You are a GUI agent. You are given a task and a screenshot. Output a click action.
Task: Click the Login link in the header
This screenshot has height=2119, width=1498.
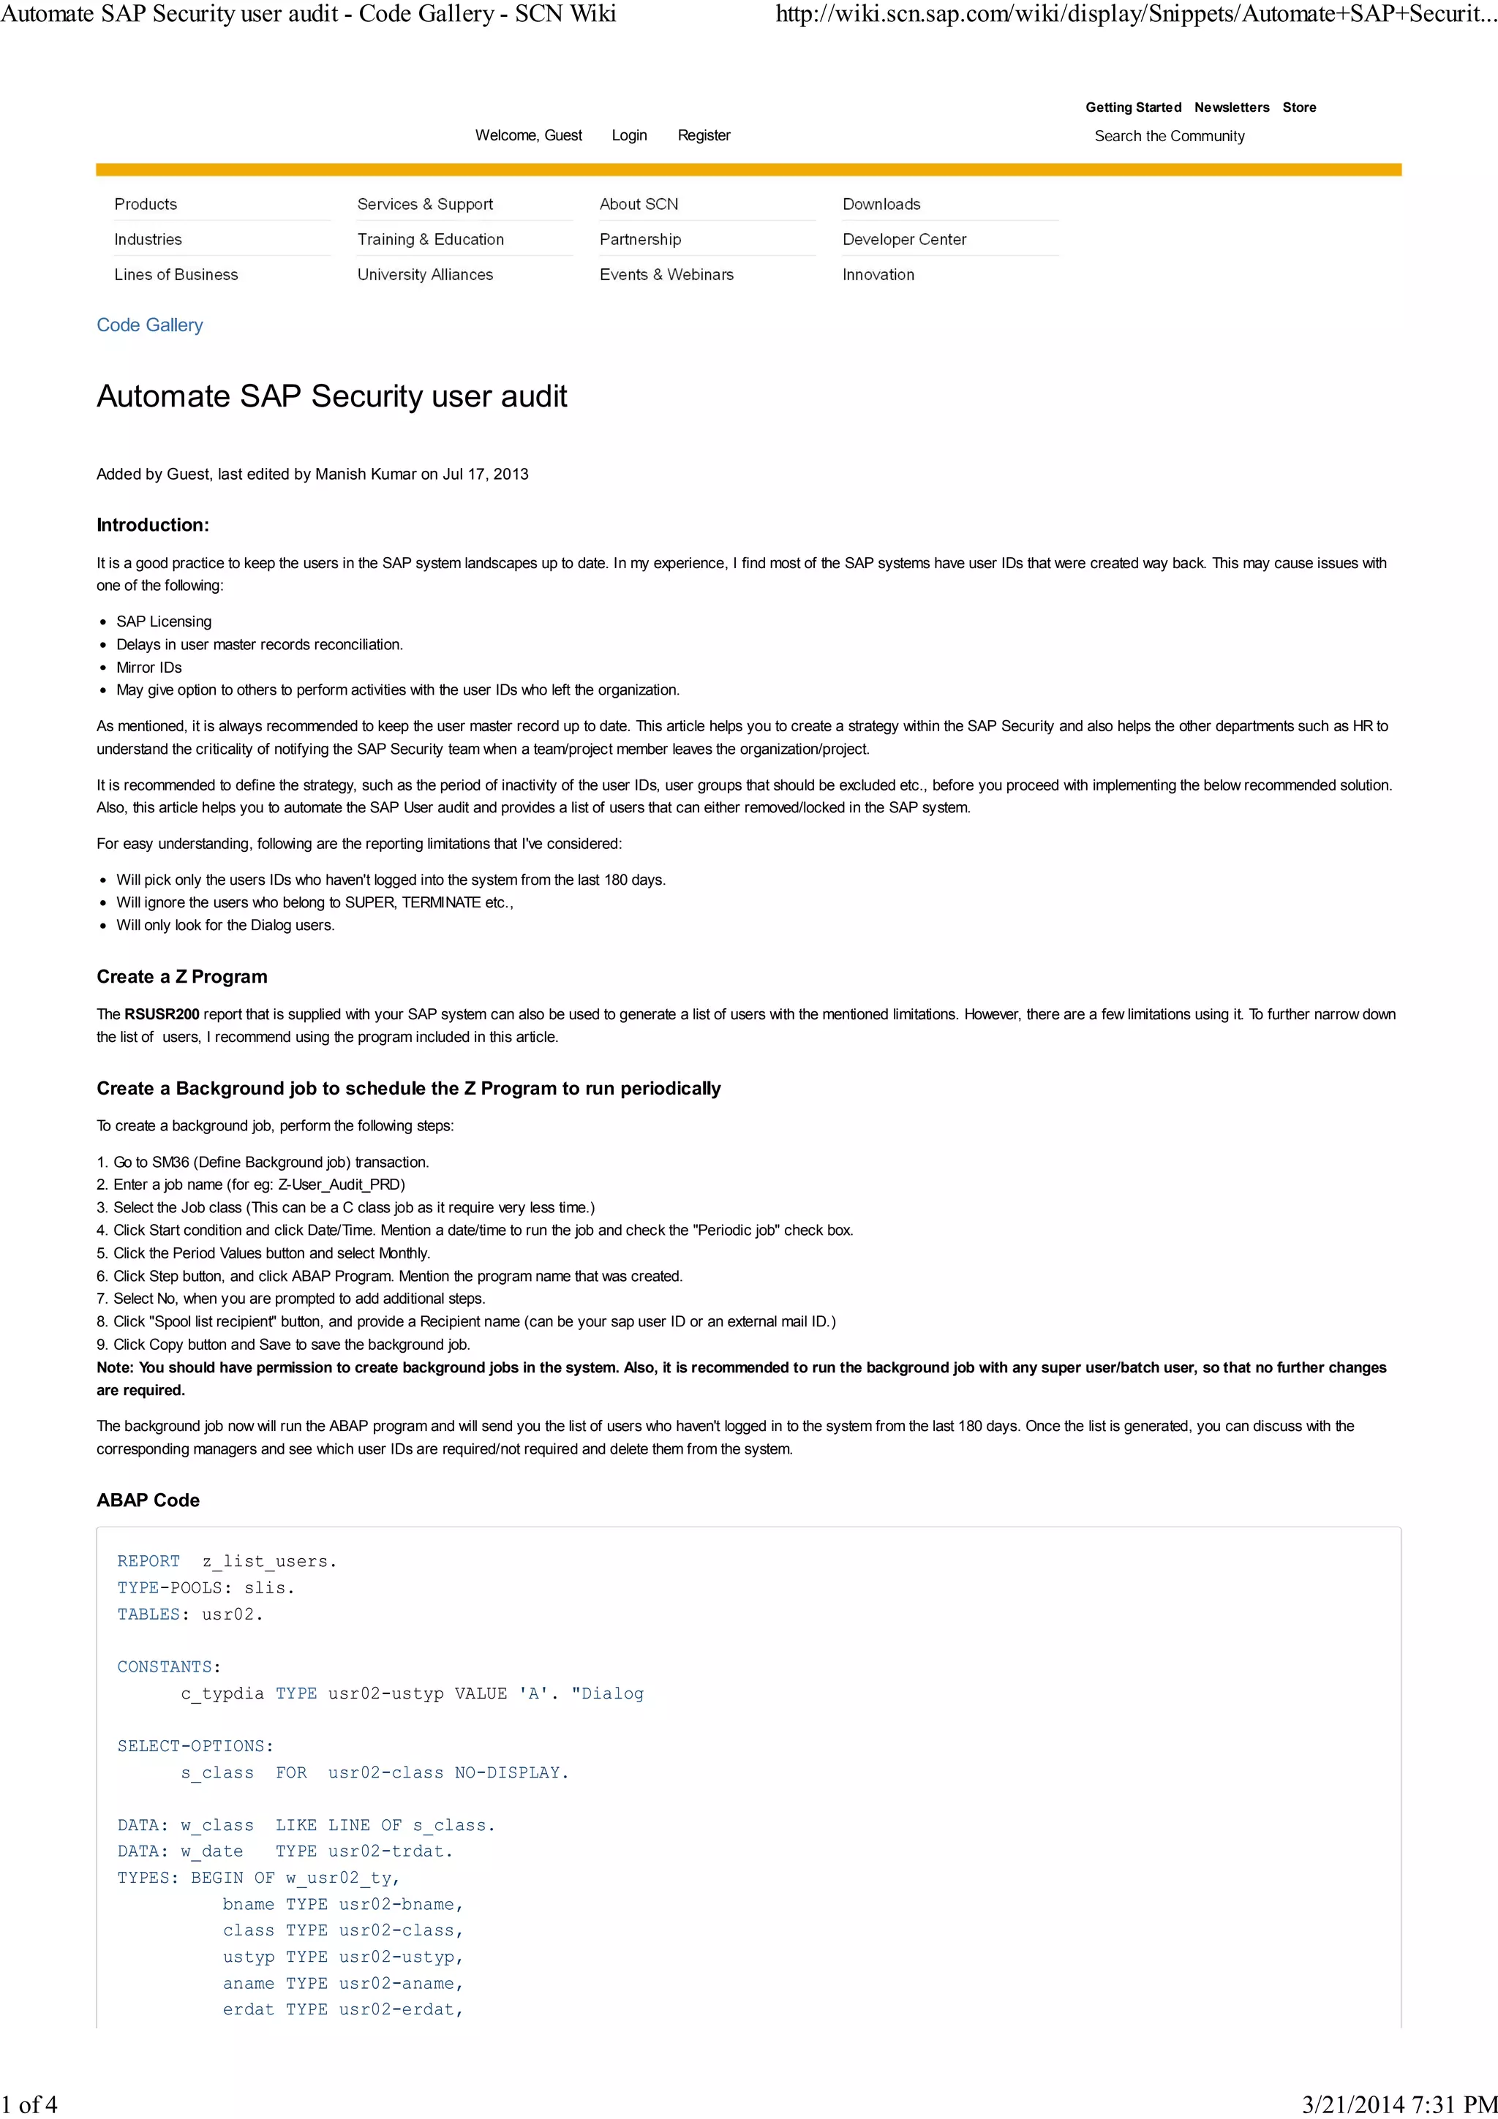(628, 136)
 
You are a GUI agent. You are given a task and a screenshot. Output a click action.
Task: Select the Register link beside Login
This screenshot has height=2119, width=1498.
(704, 136)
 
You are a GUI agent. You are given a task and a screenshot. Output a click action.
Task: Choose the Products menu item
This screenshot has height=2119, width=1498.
(146, 204)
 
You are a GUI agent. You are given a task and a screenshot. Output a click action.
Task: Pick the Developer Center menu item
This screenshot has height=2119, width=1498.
(903, 239)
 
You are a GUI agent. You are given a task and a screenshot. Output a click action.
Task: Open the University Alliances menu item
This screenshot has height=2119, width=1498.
(424, 274)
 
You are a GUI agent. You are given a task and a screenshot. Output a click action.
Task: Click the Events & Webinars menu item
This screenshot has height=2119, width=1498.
(666, 274)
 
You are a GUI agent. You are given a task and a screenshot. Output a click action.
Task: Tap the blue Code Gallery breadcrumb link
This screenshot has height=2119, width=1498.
(149, 325)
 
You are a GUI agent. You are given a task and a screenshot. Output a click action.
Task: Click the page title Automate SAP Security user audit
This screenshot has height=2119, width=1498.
(331, 396)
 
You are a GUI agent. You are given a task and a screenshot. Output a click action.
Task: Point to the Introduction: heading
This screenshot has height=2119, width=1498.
(152, 525)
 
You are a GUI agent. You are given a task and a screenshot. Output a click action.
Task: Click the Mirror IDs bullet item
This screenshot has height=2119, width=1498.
(148, 668)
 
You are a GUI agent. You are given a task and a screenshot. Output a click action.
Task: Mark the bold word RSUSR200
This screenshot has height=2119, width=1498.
(162, 1014)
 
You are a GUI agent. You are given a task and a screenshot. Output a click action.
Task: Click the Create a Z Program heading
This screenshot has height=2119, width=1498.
(182, 976)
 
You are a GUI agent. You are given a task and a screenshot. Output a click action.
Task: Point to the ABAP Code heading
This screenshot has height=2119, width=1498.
(148, 1500)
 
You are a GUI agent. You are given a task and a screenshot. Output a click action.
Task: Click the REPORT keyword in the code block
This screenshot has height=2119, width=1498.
(148, 1560)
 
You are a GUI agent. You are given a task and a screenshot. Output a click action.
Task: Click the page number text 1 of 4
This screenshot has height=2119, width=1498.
(29, 2104)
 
